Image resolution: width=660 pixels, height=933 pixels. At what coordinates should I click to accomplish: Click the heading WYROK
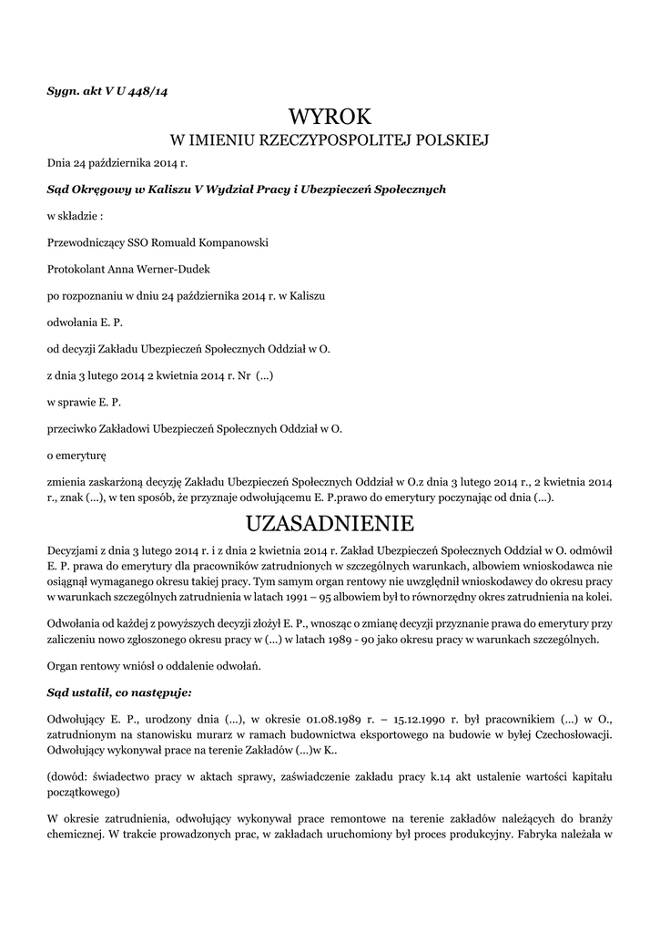pos(330,117)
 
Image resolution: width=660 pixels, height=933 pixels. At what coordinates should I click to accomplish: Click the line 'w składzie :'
pos(75,216)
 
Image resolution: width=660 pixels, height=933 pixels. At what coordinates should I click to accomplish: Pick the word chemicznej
pos(77,834)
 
